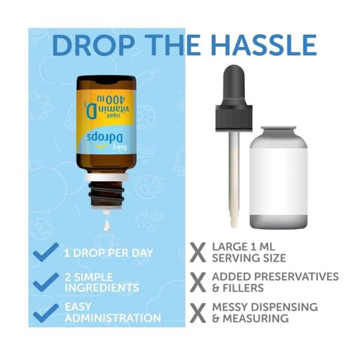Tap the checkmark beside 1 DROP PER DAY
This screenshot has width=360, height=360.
pyautogui.click(x=46, y=251)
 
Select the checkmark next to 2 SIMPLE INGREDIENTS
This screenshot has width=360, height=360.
pyautogui.click(x=46, y=282)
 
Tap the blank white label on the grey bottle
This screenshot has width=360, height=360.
pyautogui.click(x=278, y=177)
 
